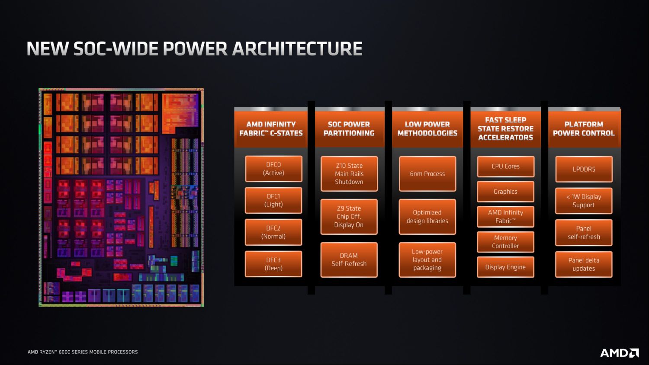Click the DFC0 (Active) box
273,169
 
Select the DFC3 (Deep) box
273,264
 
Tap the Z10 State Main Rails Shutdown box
349,174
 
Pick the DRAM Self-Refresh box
349,260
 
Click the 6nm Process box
427,174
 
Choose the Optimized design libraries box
427,217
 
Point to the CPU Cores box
506,166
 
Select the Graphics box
506,192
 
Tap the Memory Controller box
506,242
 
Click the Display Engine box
506,267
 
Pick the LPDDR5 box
584,169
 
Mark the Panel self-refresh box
584,233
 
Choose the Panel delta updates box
584,264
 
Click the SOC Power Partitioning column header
349,128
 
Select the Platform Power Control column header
584,128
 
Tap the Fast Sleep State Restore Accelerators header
506,128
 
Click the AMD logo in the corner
620,353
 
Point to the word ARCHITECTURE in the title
297,49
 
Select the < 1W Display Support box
584,201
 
